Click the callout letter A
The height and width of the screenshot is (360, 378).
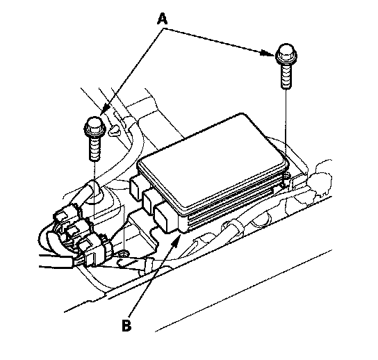(162, 19)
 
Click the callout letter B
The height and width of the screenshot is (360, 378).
(126, 325)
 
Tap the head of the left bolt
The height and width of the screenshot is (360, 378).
(94, 126)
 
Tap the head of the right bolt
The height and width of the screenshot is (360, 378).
(286, 54)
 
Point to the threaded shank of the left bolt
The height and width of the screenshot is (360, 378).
(94, 149)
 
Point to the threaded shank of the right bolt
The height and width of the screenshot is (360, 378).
(286, 76)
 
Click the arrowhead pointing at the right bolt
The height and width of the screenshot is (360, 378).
(268, 54)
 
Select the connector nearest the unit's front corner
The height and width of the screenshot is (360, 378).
(165, 218)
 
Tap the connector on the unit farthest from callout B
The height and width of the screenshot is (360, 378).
(137, 187)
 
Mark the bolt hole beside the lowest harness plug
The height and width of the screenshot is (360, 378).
(124, 253)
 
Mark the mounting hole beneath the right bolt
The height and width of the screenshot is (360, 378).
(287, 175)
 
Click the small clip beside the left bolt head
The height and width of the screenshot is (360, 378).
(115, 131)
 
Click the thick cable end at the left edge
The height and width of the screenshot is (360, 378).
(56, 261)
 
